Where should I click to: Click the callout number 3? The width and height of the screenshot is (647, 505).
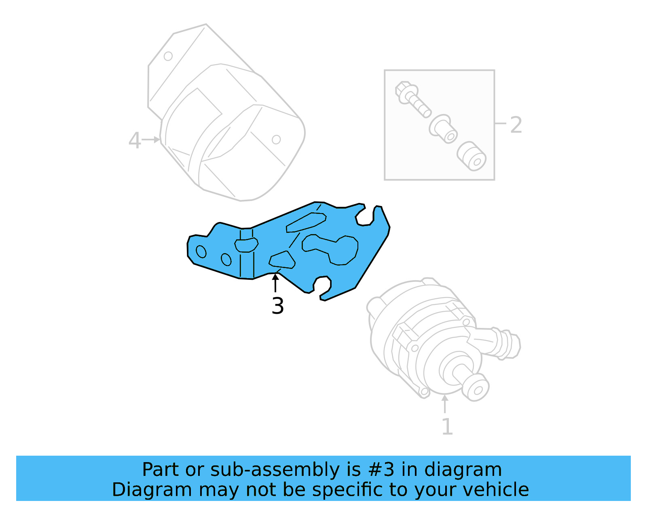278,306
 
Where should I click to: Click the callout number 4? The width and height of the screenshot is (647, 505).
135,141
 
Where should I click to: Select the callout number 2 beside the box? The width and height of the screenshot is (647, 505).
516,125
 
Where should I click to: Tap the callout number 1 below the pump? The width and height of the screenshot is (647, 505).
447,427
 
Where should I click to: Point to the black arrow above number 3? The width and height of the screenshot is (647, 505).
275,283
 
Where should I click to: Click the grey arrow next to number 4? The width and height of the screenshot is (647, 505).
151,139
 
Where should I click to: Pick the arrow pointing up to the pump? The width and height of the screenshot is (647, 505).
445,404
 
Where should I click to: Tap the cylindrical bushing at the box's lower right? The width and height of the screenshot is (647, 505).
472,156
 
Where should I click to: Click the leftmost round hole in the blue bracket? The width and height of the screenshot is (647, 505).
201,251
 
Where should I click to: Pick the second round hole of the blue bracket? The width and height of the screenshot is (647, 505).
226,259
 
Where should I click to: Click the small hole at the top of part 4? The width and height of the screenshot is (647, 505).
168,56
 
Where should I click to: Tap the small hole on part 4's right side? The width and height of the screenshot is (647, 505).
276,139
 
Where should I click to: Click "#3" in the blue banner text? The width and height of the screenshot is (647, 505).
381,470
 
